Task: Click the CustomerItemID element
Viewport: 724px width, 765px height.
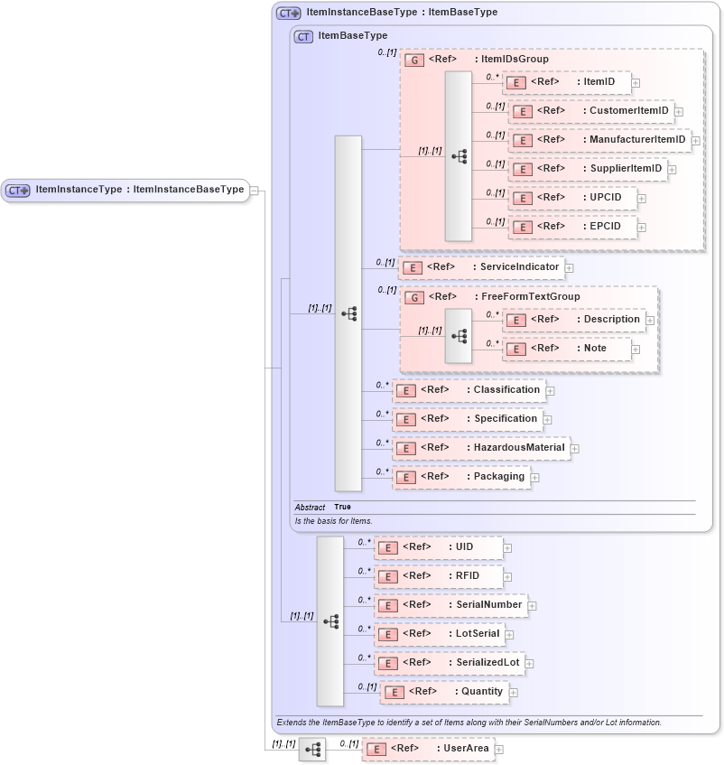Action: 591,111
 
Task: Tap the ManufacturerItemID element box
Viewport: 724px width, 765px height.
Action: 599,140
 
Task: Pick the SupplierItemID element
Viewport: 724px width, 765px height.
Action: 588,169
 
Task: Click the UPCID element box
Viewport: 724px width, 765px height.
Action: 573,198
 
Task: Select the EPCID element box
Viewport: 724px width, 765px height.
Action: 573,227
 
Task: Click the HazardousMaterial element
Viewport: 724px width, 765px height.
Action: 481,447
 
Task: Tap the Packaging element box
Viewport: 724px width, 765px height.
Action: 460,476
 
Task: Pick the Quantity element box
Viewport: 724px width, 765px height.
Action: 444,692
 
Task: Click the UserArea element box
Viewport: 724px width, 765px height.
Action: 428,749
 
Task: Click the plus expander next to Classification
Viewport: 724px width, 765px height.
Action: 550,391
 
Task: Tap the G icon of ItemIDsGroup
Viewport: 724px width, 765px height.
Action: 414,60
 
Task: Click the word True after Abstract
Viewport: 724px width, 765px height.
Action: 342,507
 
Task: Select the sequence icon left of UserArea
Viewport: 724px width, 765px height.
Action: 312,750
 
